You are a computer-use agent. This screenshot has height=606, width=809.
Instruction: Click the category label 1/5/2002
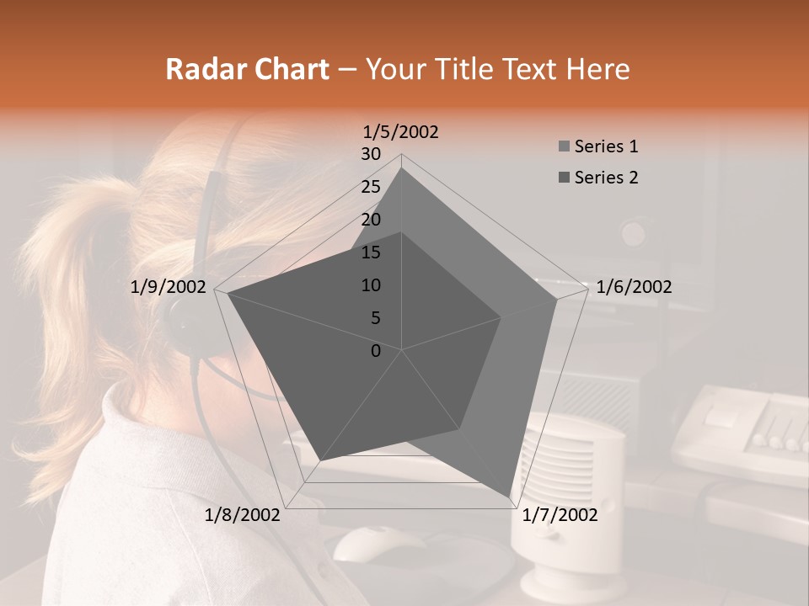pyautogui.click(x=400, y=132)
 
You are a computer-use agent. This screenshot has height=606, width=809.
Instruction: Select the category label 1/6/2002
pyautogui.click(x=634, y=287)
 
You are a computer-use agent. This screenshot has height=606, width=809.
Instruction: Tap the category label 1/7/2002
pyautogui.click(x=560, y=515)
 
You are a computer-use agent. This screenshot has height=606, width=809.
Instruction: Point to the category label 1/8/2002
pyautogui.click(x=243, y=515)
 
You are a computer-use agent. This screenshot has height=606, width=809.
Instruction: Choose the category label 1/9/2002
pyautogui.click(x=169, y=287)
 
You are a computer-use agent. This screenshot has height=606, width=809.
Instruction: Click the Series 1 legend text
pyautogui.click(x=606, y=146)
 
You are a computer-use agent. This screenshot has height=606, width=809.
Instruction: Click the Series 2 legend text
pyautogui.click(x=606, y=178)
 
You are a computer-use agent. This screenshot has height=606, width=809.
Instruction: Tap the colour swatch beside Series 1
pyautogui.click(x=564, y=147)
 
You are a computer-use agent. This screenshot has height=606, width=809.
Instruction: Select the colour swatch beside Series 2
pyautogui.click(x=564, y=178)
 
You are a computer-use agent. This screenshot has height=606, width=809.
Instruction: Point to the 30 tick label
pyautogui.click(x=371, y=154)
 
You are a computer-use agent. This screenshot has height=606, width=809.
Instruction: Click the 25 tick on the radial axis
pyautogui.click(x=371, y=187)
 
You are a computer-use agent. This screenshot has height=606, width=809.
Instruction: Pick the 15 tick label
pyautogui.click(x=371, y=252)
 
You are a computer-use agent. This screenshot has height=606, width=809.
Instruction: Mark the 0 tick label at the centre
pyautogui.click(x=376, y=351)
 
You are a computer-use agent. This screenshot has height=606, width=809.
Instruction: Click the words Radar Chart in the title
pyautogui.click(x=247, y=69)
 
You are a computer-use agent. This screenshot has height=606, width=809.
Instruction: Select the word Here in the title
pyautogui.click(x=598, y=69)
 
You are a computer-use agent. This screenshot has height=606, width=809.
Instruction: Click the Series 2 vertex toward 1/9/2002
pyautogui.click(x=228, y=294)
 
